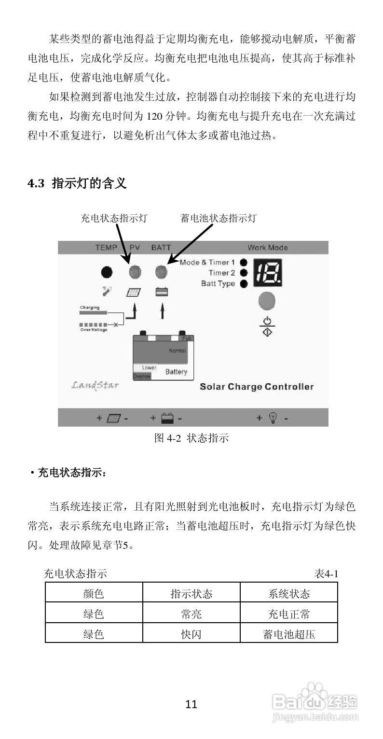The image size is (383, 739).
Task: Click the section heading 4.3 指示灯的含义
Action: click(x=77, y=183)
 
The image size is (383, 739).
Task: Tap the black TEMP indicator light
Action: click(x=107, y=272)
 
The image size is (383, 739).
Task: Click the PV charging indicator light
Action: click(x=135, y=272)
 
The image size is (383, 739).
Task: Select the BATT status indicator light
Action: click(x=161, y=272)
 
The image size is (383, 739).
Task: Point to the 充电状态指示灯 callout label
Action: click(x=113, y=218)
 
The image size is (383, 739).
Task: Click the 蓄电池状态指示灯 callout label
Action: click(x=218, y=218)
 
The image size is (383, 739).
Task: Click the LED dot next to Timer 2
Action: click(x=244, y=273)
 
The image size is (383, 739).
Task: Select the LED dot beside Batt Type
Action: click(x=244, y=284)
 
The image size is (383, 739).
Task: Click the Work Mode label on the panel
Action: click(x=268, y=248)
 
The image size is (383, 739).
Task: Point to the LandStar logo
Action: click(x=95, y=385)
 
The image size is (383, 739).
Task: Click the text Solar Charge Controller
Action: click(x=257, y=387)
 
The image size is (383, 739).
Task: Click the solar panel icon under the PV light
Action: click(x=134, y=292)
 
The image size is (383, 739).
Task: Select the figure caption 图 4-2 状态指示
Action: click(x=191, y=438)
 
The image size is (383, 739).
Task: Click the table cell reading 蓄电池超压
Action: click(x=288, y=634)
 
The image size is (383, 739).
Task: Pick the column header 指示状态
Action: click(x=191, y=593)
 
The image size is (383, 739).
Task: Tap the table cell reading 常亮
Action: click(x=191, y=614)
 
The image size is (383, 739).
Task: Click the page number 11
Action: click(x=191, y=704)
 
